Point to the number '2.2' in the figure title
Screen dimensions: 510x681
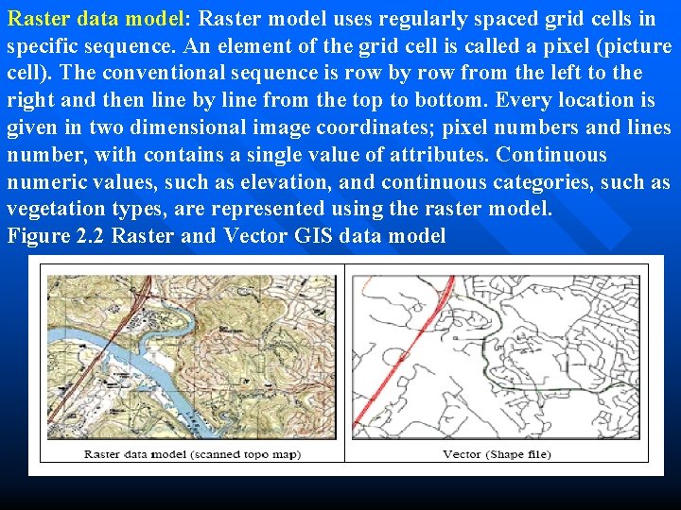point(90,236)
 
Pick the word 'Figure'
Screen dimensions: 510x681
point(37,236)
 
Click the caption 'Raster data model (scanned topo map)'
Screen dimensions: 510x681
point(192,454)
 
